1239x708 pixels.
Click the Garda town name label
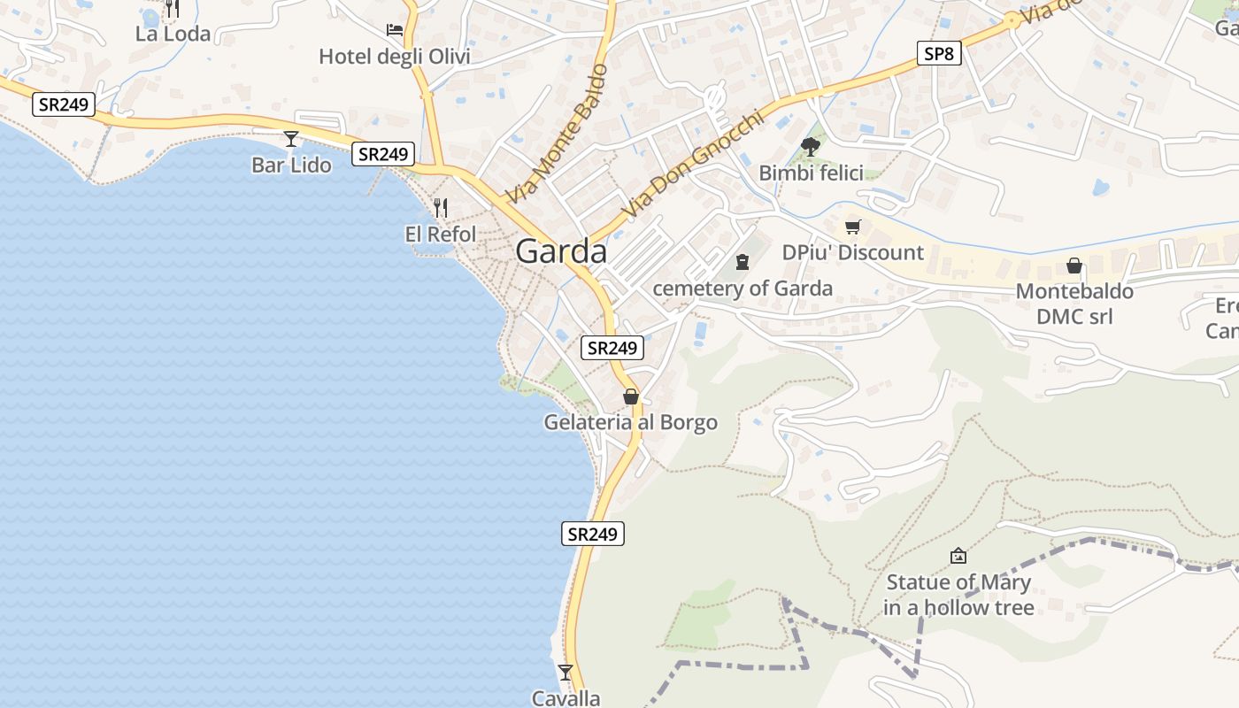click(x=561, y=251)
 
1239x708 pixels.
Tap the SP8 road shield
click(x=938, y=54)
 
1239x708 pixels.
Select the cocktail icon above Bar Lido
click(x=290, y=139)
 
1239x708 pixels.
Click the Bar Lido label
click(x=291, y=165)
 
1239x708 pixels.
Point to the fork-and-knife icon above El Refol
click(x=441, y=208)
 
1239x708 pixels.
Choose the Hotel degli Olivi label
click(x=395, y=58)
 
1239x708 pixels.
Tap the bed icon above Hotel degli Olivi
click(x=395, y=30)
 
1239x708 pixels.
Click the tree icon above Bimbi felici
click(x=810, y=146)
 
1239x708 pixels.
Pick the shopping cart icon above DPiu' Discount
click(x=852, y=227)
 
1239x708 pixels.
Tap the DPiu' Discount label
click(x=852, y=253)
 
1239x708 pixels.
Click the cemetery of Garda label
click(x=742, y=289)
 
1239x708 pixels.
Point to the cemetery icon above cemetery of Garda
click(x=742, y=262)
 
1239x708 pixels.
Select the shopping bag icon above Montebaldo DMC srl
click(x=1074, y=265)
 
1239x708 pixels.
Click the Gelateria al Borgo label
click(x=630, y=422)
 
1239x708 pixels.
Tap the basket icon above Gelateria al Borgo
click(x=630, y=396)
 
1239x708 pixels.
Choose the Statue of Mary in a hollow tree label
click(x=958, y=595)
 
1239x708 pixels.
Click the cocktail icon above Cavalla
click(x=566, y=672)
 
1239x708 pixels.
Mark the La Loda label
click(x=173, y=34)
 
